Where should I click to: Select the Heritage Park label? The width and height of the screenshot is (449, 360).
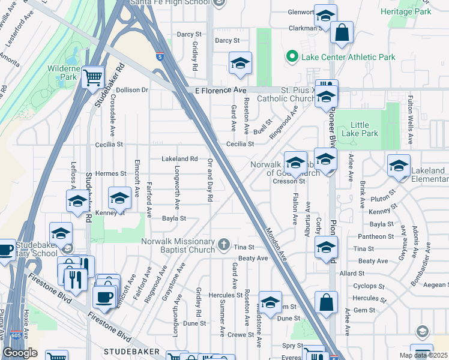414,11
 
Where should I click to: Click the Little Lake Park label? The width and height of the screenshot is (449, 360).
364,129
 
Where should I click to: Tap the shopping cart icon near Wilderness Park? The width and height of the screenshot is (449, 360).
93,76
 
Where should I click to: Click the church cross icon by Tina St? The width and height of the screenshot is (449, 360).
224,244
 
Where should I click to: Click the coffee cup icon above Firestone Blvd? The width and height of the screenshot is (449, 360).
104,296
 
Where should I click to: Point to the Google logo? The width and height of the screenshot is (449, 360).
20,352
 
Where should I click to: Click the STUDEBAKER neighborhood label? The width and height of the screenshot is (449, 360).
132,350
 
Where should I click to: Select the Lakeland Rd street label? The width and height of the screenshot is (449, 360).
180,159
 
